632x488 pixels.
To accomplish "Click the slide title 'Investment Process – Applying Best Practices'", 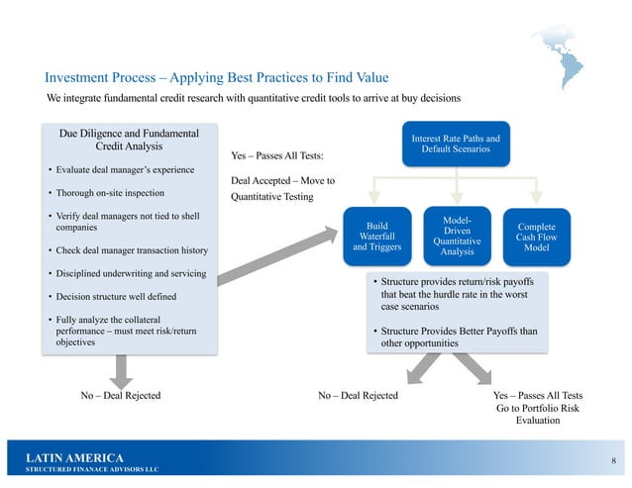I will (216, 77).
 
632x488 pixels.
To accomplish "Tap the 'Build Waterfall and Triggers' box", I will (375, 237).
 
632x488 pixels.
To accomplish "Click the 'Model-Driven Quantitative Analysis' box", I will (456, 236).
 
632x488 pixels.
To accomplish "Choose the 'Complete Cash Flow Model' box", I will (536, 237).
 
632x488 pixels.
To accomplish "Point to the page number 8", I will (613, 461).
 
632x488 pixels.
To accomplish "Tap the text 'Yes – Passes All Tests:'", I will (276, 156).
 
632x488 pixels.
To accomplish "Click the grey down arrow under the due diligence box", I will (120, 371).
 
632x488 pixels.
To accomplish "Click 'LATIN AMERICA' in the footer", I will (75, 457).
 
